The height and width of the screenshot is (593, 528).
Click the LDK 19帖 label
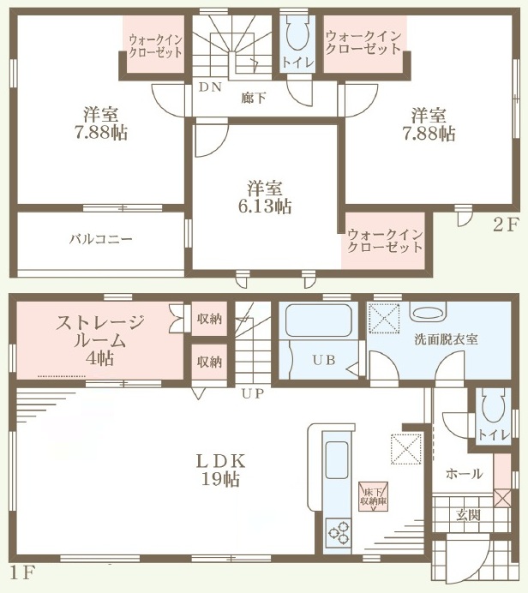(x=221, y=470)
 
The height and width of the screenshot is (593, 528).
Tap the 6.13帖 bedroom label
(x=265, y=197)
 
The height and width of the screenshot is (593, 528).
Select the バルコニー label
(x=101, y=239)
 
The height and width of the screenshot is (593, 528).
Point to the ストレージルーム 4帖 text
(x=100, y=340)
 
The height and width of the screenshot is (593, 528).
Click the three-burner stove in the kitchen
(x=339, y=532)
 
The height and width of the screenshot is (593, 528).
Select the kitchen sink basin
(x=337, y=460)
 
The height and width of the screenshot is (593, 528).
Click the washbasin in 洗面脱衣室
(x=429, y=314)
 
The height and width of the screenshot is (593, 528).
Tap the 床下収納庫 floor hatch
(x=374, y=497)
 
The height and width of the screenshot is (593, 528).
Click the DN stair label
(x=210, y=87)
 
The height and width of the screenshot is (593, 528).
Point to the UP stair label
(x=253, y=393)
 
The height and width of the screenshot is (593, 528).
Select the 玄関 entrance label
(x=468, y=515)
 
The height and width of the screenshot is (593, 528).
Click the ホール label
(x=464, y=474)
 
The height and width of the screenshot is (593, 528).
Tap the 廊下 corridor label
(x=254, y=98)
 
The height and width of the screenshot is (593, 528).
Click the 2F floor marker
(x=505, y=225)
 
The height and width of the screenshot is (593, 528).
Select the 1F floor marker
(x=22, y=573)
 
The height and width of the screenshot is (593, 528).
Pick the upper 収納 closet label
(x=209, y=319)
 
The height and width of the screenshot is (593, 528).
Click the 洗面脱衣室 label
(x=446, y=339)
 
